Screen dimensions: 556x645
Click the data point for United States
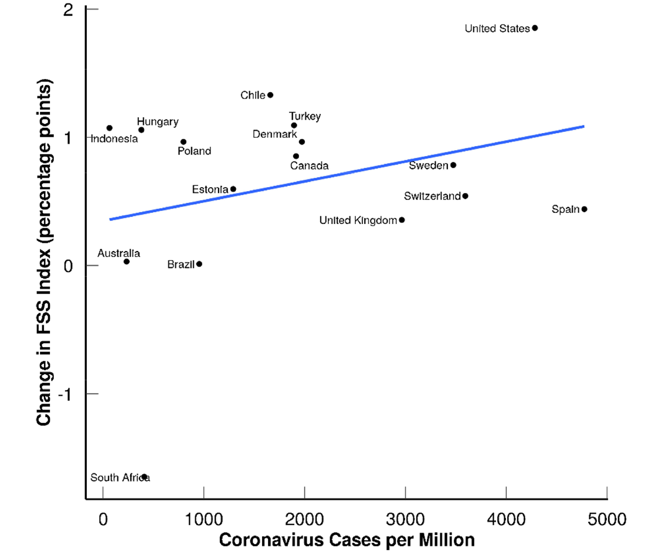[x=535, y=28]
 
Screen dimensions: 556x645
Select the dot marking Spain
[x=584, y=209]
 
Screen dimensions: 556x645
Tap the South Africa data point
[x=144, y=477]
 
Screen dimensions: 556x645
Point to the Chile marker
[x=270, y=95]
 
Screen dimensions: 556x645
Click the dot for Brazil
[x=199, y=264]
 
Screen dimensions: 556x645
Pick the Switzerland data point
[x=465, y=196]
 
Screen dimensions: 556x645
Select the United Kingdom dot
[x=402, y=220]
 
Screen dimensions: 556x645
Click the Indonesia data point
[x=110, y=128]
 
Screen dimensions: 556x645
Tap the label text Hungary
[x=158, y=122]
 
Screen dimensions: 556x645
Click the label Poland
[x=194, y=151]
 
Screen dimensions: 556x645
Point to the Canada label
[x=309, y=166]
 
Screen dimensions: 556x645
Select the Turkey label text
[x=305, y=117]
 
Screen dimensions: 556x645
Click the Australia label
[x=118, y=253]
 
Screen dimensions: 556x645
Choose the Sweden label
[x=428, y=165]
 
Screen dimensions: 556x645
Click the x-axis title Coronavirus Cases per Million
[x=347, y=540]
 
